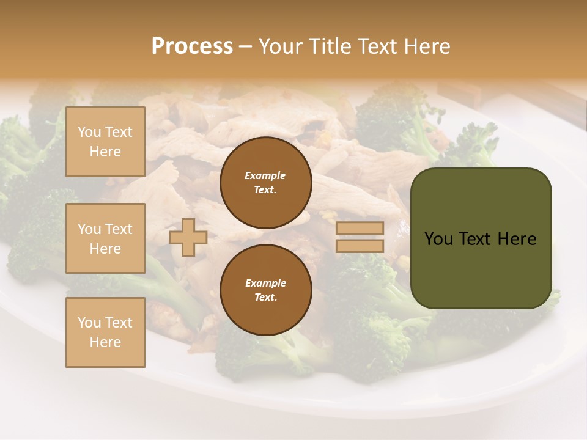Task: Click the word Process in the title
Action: click(x=192, y=46)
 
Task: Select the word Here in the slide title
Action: click(x=426, y=46)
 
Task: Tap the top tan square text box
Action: click(x=105, y=142)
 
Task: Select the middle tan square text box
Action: click(x=105, y=238)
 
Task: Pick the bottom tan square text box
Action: click(x=105, y=332)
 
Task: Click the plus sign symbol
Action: click(x=188, y=237)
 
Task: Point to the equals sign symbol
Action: click(x=360, y=237)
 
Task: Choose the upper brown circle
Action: click(x=265, y=183)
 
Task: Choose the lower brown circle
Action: click(x=265, y=290)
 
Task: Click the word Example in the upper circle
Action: click(x=265, y=176)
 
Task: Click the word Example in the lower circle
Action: click(x=265, y=284)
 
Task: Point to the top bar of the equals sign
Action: click(x=360, y=229)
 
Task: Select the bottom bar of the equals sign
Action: click(x=360, y=246)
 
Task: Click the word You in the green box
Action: click(x=438, y=239)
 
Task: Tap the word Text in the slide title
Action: click(x=376, y=46)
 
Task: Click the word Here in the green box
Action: click(x=517, y=239)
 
